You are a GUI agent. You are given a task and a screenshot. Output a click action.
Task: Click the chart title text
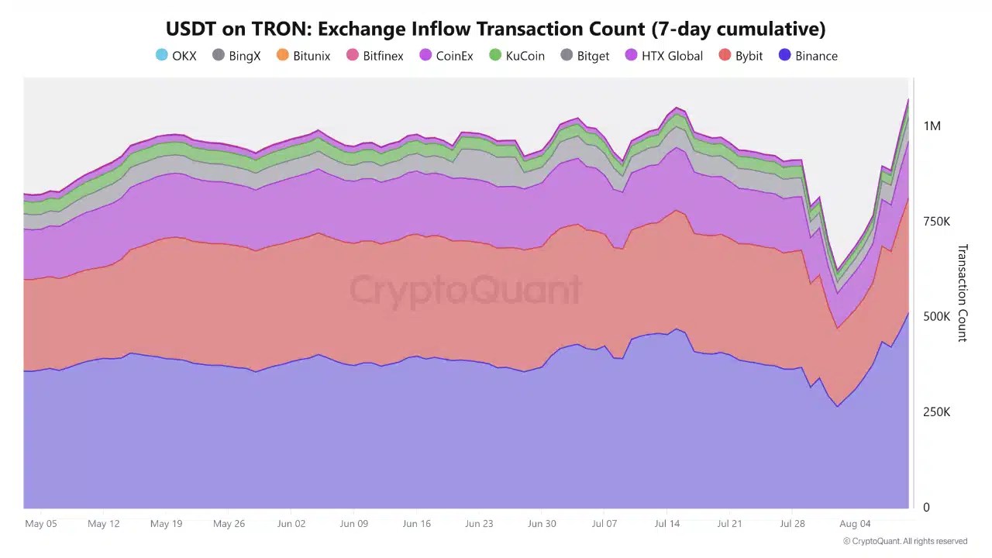(495, 29)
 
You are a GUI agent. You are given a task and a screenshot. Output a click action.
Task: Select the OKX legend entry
(176, 56)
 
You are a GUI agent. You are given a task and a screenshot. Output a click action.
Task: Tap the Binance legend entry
(808, 56)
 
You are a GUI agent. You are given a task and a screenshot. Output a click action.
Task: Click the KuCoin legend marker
(495, 55)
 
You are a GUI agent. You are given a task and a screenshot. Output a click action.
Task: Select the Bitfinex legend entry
(374, 56)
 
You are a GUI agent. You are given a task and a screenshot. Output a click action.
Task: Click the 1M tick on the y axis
(932, 126)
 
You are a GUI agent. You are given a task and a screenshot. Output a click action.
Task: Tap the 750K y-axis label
(936, 222)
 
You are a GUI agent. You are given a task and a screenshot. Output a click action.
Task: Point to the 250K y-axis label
(936, 412)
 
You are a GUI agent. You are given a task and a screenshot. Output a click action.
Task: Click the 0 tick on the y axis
(926, 508)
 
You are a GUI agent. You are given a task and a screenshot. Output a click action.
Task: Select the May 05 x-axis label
(41, 524)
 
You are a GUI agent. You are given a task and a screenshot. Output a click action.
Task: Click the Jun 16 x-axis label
(416, 524)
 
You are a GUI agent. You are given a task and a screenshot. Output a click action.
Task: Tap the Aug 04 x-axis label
(855, 524)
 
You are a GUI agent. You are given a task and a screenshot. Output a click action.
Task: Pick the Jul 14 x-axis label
(666, 524)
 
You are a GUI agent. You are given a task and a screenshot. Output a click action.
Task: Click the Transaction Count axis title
(962, 293)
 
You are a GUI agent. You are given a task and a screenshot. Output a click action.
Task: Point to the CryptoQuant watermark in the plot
(465, 291)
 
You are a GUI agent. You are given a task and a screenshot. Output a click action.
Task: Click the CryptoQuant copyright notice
(904, 541)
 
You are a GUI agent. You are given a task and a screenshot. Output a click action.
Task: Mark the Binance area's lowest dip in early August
(837, 405)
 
